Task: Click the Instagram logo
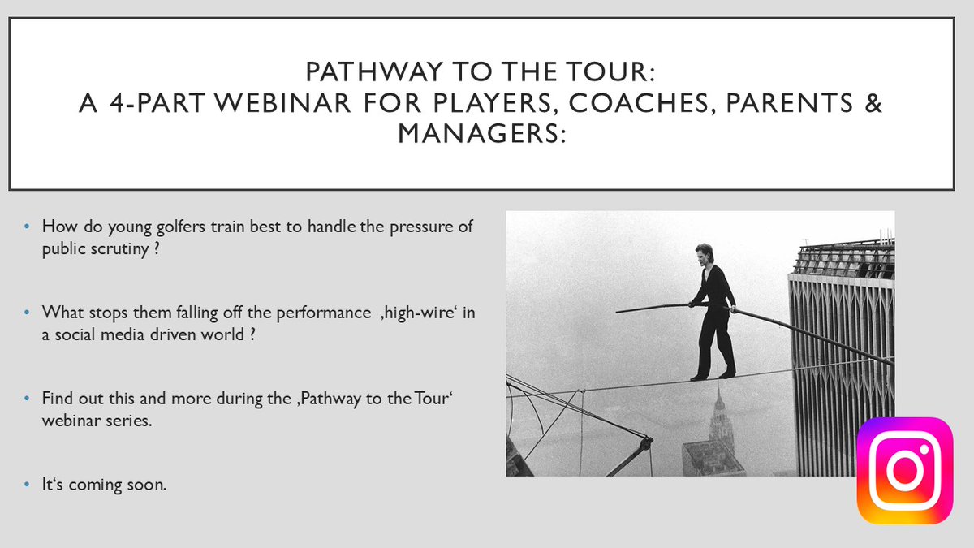[x=904, y=470]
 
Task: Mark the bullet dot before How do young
[x=29, y=227]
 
